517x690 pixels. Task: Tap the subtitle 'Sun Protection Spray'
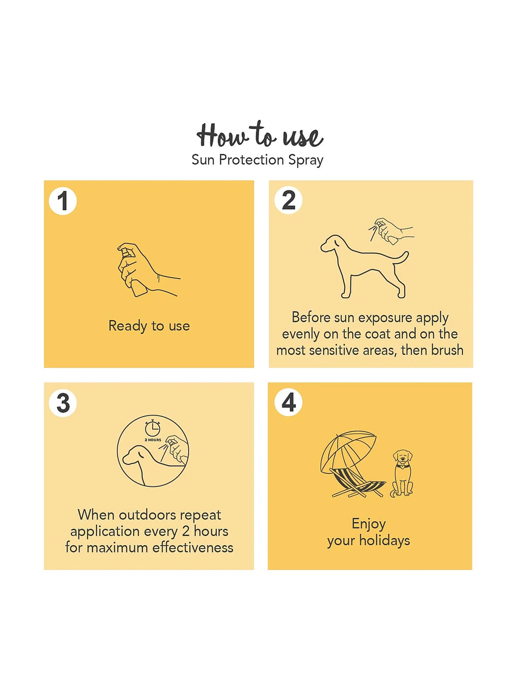[258, 160]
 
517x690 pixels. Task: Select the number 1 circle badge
[63, 201]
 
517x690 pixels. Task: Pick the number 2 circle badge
[288, 200]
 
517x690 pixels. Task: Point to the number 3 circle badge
[63, 403]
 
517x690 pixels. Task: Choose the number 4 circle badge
[288, 402]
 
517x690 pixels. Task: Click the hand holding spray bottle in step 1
[148, 270]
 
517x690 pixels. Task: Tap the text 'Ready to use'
[149, 326]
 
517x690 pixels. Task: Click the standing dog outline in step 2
[364, 266]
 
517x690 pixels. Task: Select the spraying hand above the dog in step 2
[391, 230]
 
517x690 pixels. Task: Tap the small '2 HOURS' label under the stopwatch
[153, 440]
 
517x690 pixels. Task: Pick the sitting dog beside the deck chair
[402, 474]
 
